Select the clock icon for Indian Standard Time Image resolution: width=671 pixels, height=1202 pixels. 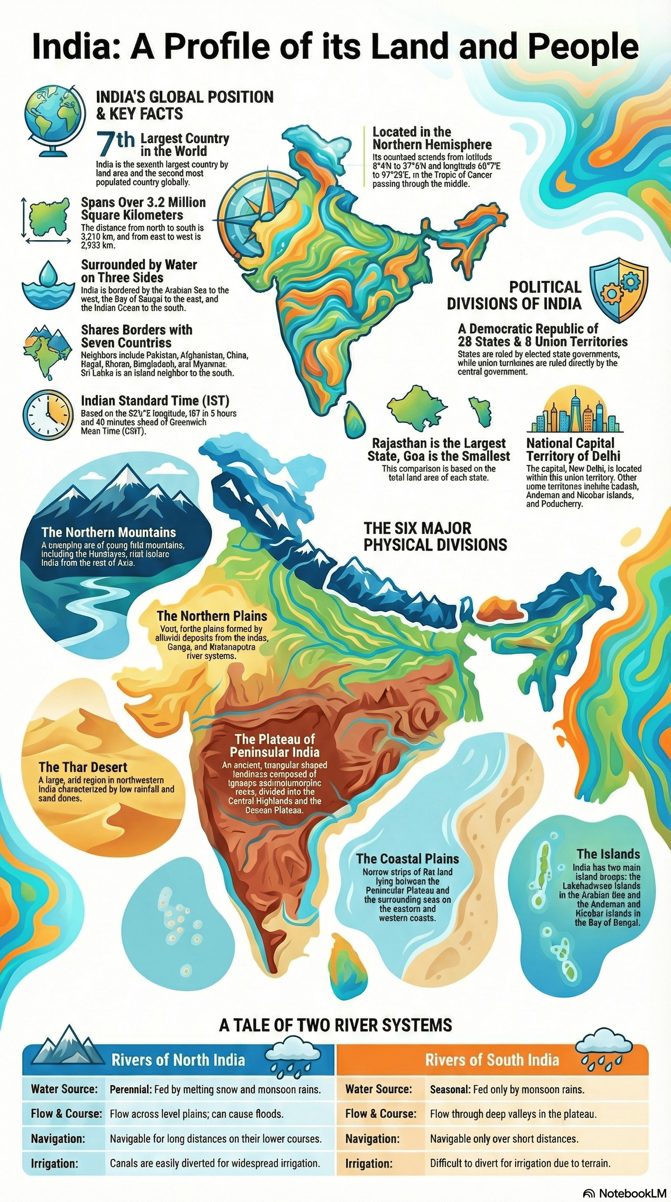[x=48, y=414]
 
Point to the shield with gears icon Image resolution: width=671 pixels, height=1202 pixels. [x=619, y=290]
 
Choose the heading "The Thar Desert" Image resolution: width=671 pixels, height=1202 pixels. [x=83, y=767]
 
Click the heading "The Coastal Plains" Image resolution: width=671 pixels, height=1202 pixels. [x=407, y=859]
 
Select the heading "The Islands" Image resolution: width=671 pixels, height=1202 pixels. [x=608, y=854]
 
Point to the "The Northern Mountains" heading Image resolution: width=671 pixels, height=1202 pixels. [x=108, y=532]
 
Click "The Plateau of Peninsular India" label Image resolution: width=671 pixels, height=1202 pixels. [x=275, y=745]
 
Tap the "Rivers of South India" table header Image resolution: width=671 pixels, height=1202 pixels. [x=492, y=1060]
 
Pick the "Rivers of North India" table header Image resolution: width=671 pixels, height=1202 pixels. [x=178, y=1060]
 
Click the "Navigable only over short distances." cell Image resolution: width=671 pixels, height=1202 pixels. [x=504, y=1139]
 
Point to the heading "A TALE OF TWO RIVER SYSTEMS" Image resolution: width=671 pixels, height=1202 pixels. [x=335, y=1025]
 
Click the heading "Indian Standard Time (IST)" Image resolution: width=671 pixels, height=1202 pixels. [x=155, y=401]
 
